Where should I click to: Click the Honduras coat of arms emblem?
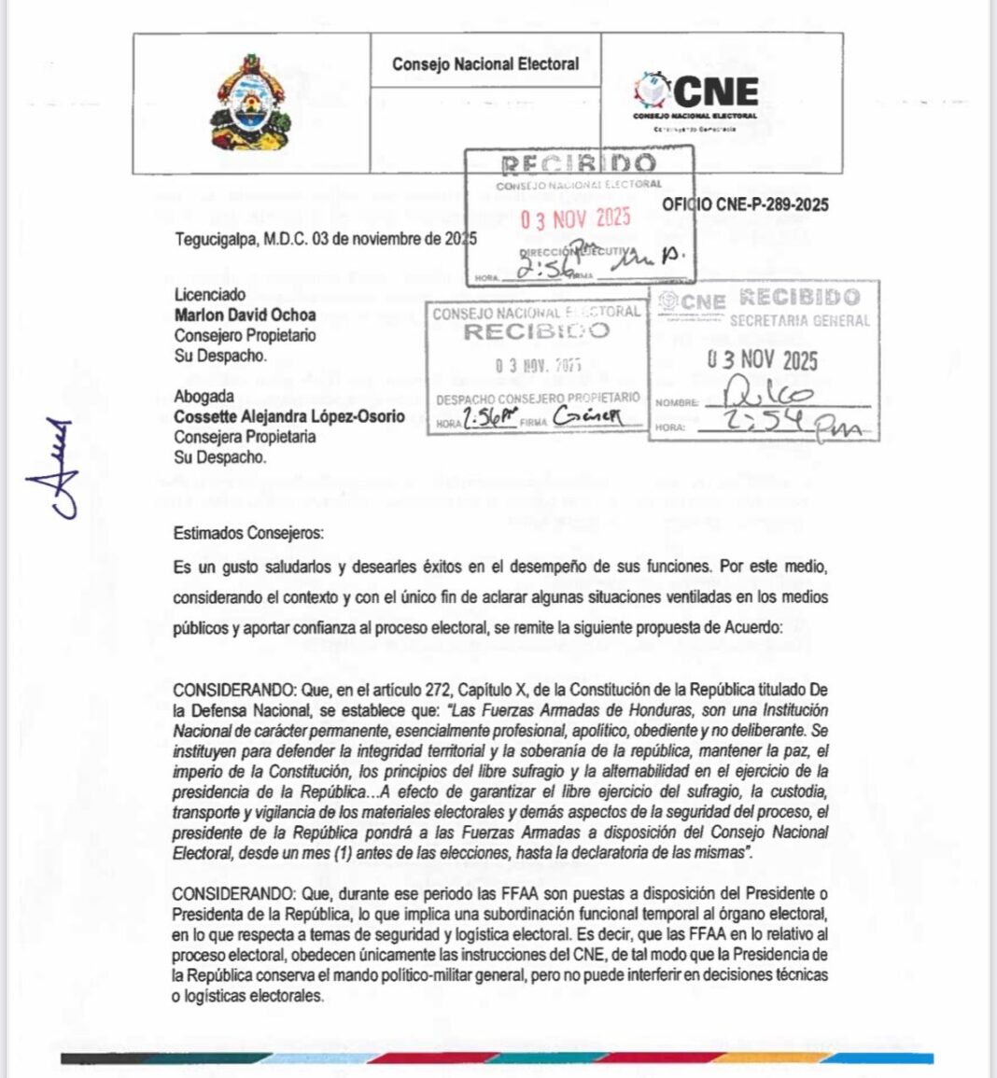click(x=250, y=104)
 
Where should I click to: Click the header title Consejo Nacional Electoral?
click(x=484, y=64)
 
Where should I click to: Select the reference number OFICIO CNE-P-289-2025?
click(x=745, y=204)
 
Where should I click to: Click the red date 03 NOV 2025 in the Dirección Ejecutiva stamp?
click(x=576, y=219)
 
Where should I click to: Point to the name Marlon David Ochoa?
click(x=245, y=315)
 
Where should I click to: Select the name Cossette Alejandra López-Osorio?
click(x=288, y=416)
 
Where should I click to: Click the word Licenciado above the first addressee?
click(x=210, y=294)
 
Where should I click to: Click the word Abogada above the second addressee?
click(x=204, y=396)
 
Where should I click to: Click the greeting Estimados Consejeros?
click(x=248, y=534)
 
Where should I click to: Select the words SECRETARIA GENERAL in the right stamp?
click(x=799, y=320)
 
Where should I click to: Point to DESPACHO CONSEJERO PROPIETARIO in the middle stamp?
click(x=538, y=398)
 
